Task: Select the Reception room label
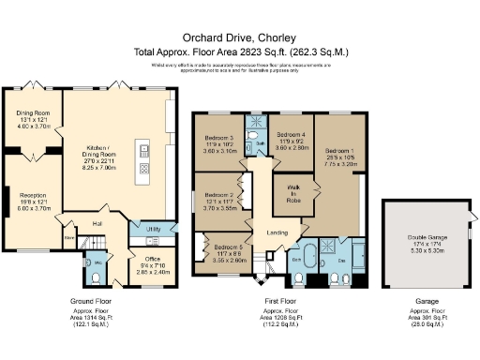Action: (x=33, y=200)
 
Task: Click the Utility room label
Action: (x=154, y=229)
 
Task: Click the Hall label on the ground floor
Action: (x=97, y=223)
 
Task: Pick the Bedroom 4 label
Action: (x=292, y=135)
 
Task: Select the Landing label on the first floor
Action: (x=277, y=232)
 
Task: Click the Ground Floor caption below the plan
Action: (x=91, y=302)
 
